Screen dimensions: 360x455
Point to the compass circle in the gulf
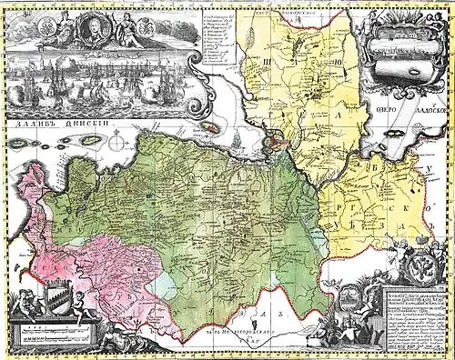click(x=116, y=142)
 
